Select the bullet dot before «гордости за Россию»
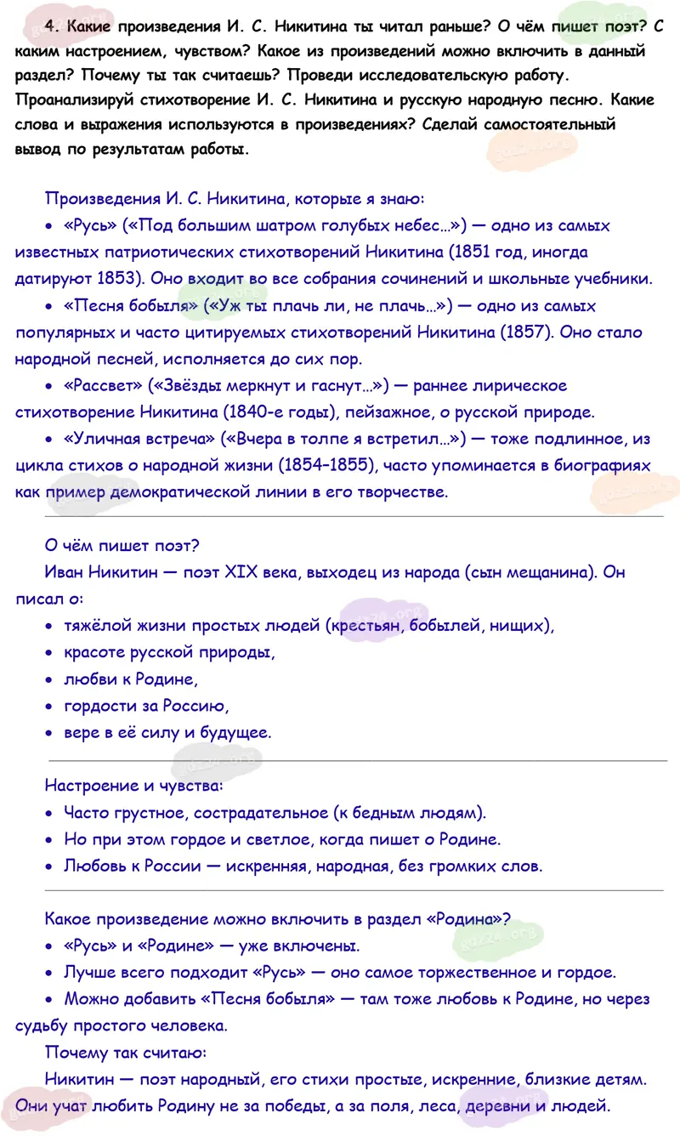tap(48, 706)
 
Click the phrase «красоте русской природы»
tap(170, 653)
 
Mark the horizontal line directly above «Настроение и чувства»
tap(357, 758)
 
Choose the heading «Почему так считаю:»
tap(125, 1053)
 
